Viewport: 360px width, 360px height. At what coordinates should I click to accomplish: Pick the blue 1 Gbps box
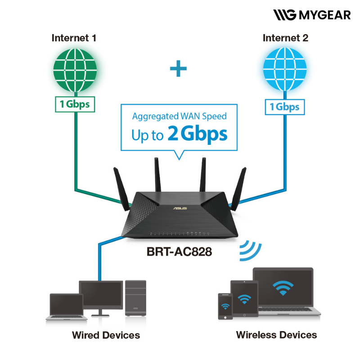pyautogui.click(x=284, y=107)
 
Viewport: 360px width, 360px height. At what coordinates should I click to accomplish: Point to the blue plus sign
pyautogui.click(x=179, y=69)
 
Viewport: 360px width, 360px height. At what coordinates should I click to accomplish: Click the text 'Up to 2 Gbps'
pyautogui.click(x=179, y=134)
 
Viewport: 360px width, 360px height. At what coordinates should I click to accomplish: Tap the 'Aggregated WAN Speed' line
pyautogui.click(x=179, y=116)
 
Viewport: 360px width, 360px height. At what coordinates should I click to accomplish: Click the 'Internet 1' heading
pyautogui.click(x=74, y=38)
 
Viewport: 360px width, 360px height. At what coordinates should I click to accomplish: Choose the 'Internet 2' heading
pyautogui.click(x=285, y=38)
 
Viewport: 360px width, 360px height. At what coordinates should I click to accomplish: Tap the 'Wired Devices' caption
pyautogui.click(x=106, y=335)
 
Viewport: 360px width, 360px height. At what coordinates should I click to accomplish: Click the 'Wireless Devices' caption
pyautogui.click(x=276, y=335)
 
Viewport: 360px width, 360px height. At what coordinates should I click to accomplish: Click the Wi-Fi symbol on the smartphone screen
pyautogui.click(x=225, y=306)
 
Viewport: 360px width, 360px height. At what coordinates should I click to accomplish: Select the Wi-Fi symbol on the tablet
pyautogui.click(x=244, y=298)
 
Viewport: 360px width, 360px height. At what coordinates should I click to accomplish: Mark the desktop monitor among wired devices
pyautogui.click(x=101, y=295)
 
